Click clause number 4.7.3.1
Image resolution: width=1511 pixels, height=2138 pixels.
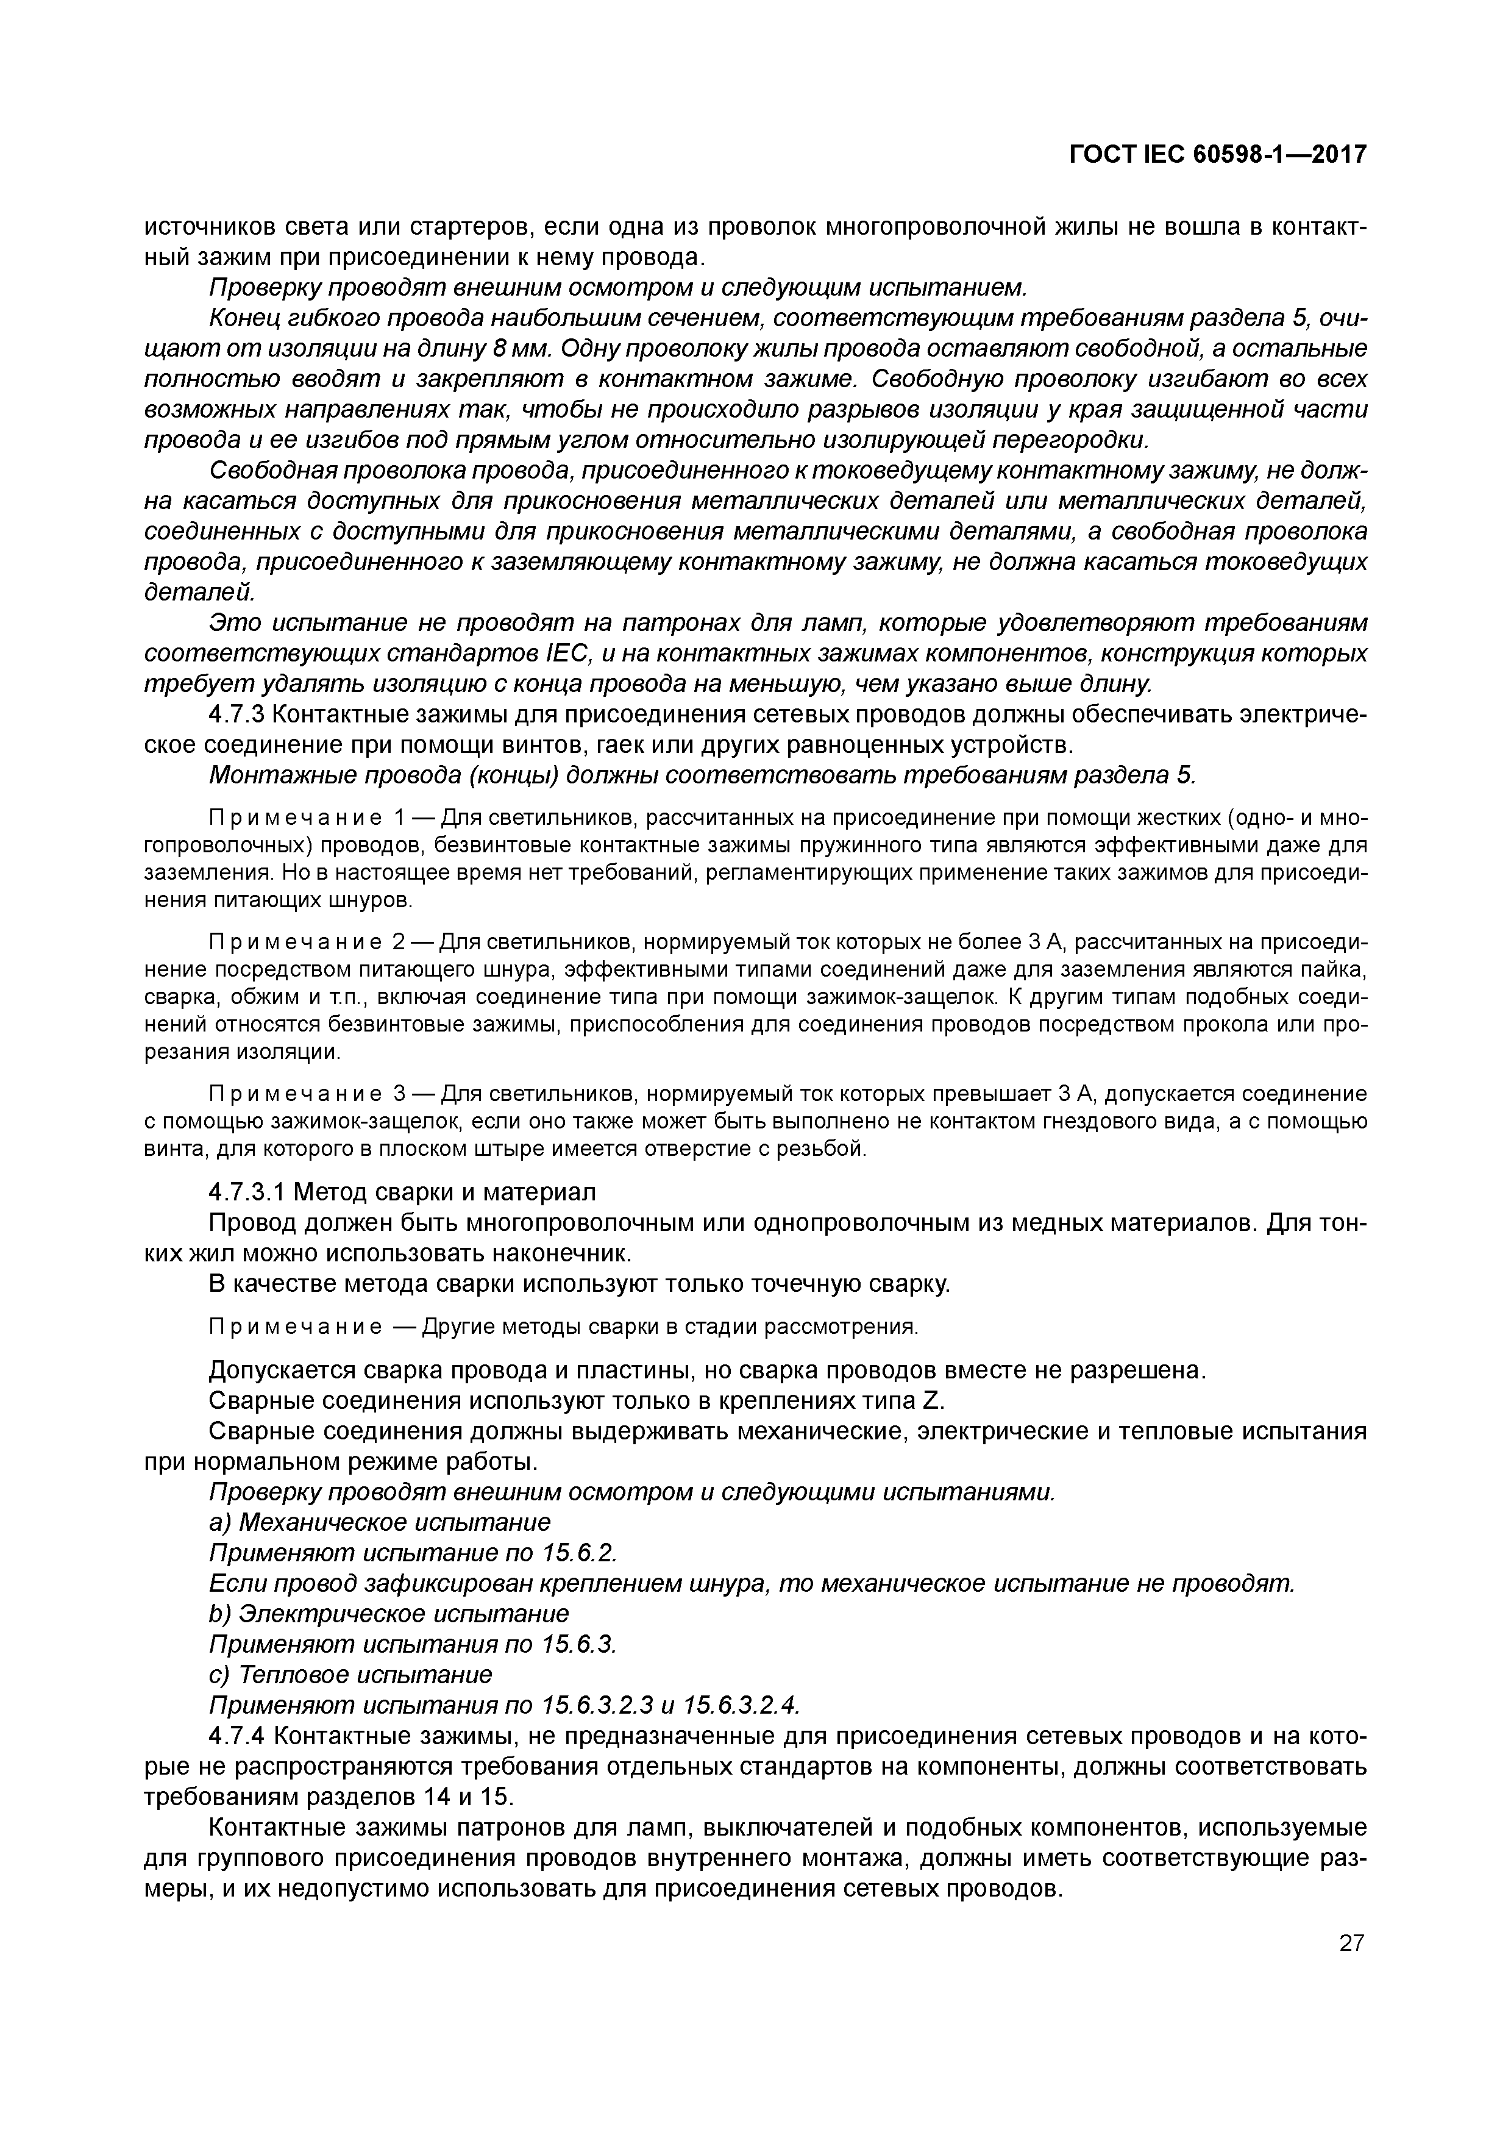point(249,1193)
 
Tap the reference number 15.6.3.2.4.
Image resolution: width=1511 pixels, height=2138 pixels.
point(741,1706)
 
